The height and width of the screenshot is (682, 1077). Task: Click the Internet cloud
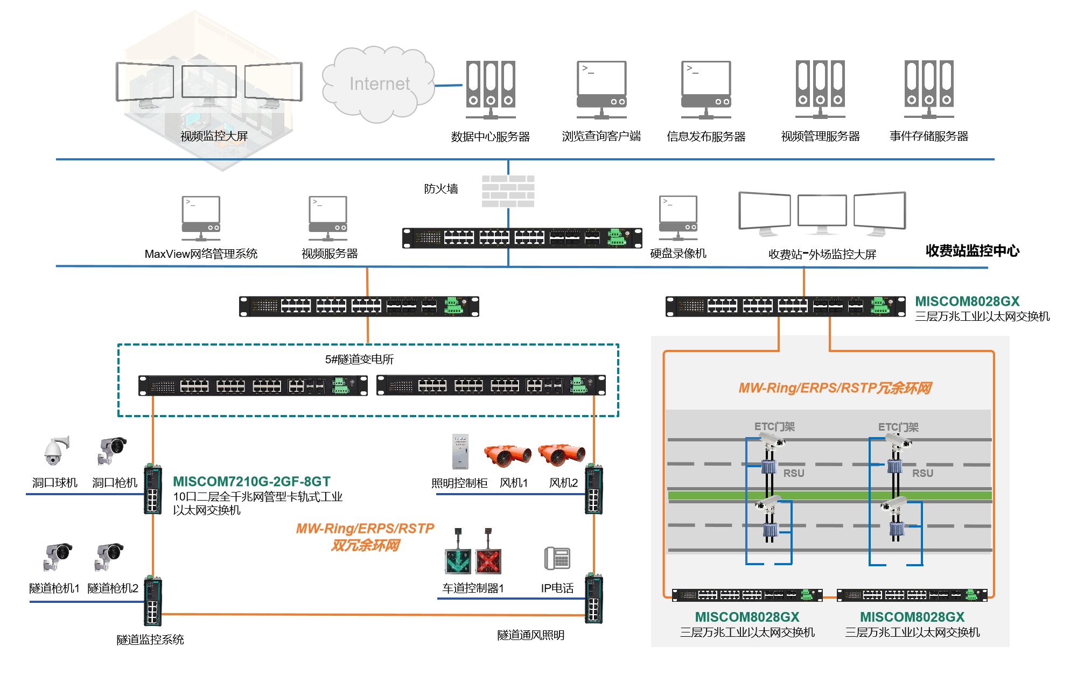pos(379,83)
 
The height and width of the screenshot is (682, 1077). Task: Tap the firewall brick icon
pos(508,191)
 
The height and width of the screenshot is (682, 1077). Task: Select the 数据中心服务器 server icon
pos(491,89)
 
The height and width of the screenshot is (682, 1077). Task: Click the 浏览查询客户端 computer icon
pos(602,89)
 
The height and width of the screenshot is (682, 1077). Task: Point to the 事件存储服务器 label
pos(929,136)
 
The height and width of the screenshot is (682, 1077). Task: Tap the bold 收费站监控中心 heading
pos(972,251)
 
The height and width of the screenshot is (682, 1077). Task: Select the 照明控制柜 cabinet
pos(460,452)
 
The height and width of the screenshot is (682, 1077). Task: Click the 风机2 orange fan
pos(562,455)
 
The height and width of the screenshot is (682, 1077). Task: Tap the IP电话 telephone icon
pos(557,558)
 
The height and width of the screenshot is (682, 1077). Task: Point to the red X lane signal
pos(488,561)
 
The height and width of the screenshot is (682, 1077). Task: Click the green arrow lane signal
pos(458,561)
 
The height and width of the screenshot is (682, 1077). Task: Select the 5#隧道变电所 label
pos(359,359)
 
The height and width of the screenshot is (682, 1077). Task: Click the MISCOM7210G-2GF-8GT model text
pos(251,482)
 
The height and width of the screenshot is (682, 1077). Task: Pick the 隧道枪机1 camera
pos(57,556)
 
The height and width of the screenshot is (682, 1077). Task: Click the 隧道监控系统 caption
pos(150,639)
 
